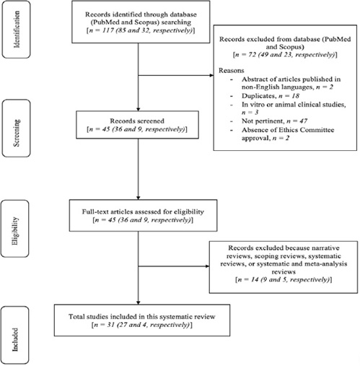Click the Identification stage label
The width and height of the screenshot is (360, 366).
tap(17, 30)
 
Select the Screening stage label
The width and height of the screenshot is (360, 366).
tap(17, 133)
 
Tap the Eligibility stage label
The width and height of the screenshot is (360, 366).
tap(15, 231)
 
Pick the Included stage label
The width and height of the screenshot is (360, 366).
tap(15, 339)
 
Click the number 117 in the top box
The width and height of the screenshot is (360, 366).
tap(107, 30)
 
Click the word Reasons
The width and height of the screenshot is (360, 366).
tap(232, 71)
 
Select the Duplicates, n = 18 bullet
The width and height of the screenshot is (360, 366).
tap(271, 96)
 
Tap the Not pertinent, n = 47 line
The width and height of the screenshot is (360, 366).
tap(274, 121)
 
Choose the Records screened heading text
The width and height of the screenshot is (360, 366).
tap(137, 121)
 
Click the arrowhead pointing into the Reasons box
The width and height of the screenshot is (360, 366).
tap(211, 75)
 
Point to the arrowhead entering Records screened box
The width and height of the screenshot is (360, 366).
tap(139, 109)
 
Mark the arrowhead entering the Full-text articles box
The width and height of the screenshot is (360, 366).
tap(139, 198)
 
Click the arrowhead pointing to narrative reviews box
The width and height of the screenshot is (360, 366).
tap(207, 266)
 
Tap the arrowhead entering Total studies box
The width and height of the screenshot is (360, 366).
tap(139, 302)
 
